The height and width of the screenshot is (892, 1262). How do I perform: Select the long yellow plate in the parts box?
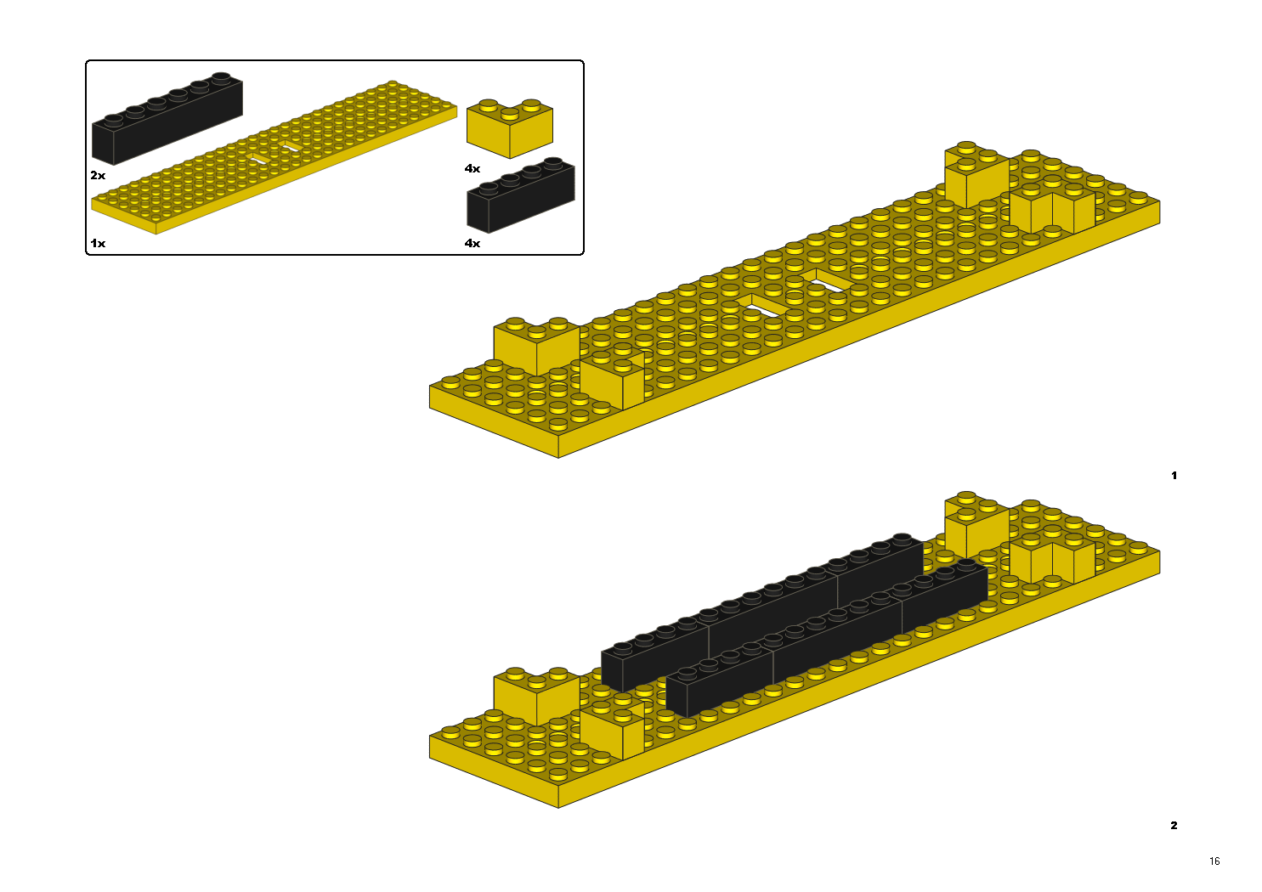pos(274,157)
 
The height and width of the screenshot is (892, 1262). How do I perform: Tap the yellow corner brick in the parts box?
pos(509,128)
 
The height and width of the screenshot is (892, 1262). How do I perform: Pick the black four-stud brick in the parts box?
pos(521,195)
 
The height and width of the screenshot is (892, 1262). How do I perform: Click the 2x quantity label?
pos(98,176)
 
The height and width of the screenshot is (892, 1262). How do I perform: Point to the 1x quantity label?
pos(98,243)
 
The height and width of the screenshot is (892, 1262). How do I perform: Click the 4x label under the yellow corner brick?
pos(473,168)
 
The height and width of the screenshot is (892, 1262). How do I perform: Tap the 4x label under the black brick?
pos(473,243)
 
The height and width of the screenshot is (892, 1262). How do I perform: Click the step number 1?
pos(1174,475)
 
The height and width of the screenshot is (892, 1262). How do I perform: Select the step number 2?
pos(1174,825)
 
